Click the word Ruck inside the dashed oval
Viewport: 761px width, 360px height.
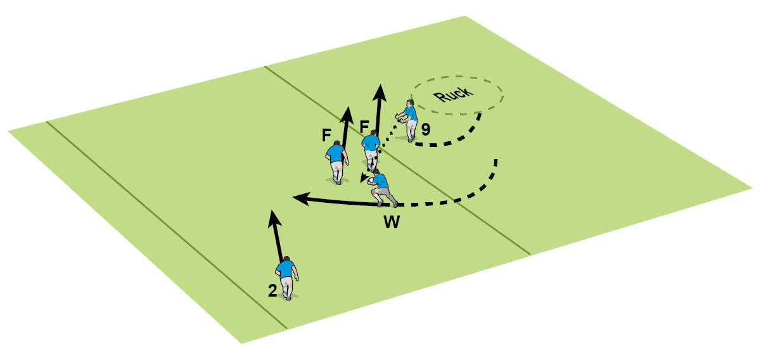(x=454, y=94)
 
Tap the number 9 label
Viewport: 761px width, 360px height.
(x=426, y=129)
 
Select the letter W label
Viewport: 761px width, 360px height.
(x=392, y=222)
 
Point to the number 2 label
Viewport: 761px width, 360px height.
(x=272, y=291)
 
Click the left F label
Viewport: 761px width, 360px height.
(x=326, y=135)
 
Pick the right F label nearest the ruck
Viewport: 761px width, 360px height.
(x=364, y=127)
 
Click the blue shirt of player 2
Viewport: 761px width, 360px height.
(x=285, y=270)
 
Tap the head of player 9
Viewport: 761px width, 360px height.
(x=411, y=103)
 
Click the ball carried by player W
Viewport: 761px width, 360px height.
(x=371, y=180)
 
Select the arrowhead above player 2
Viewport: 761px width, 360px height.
(x=274, y=219)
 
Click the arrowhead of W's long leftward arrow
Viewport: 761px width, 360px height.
(x=301, y=198)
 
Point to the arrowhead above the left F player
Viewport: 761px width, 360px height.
(x=347, y=115)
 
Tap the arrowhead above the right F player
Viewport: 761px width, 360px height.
(x=380, y=93)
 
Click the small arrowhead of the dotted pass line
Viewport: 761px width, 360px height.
(x=364, y=177)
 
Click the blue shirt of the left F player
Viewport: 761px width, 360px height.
(x=336, y=153)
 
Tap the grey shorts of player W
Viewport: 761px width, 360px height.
(x=383, y=191)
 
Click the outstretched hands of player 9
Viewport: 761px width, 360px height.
(x=398, y=119)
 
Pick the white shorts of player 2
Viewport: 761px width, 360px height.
(x=286, y=282)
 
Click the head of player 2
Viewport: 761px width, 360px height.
(x=287, y=259)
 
